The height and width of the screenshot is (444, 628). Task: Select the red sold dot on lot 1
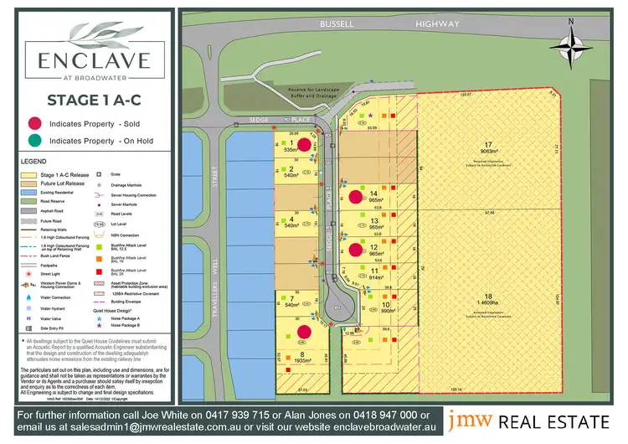coord(306,144)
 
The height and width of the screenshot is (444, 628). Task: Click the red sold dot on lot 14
coord(355,197)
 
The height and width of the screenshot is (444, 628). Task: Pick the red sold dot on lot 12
coord(355,249)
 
